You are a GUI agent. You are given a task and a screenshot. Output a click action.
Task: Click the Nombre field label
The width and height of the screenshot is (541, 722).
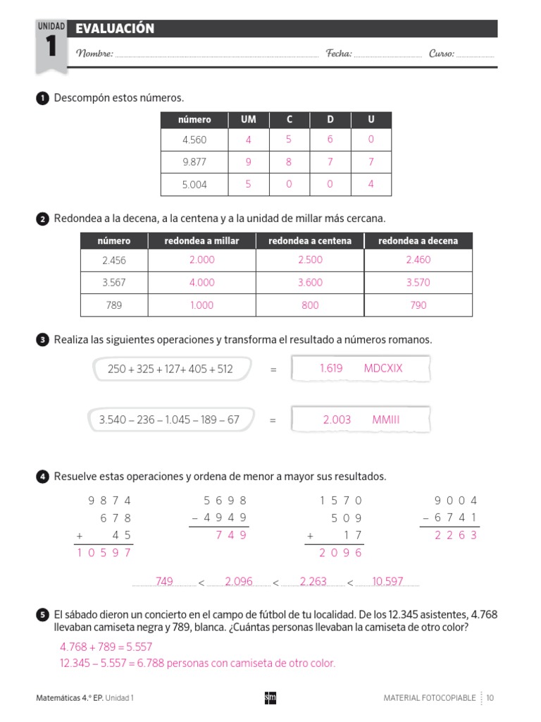[x=94, y=54]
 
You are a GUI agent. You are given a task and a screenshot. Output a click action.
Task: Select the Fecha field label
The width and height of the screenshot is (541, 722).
[x=339, y=54]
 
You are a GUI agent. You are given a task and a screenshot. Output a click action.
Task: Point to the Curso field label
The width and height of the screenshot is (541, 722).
[x=442, y=54]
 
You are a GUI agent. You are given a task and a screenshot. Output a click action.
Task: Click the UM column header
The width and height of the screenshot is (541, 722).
[x=248, y=120]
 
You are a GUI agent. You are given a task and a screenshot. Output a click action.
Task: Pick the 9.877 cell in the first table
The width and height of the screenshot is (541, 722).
[x=194, y=162]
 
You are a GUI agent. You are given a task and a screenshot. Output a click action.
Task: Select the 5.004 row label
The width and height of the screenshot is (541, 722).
[x=194, y=185]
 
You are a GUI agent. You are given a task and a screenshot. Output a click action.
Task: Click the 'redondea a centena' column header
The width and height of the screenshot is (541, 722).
[x=309, y=241]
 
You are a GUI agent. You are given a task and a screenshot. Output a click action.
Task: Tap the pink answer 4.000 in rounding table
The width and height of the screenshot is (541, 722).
[x=201, y=283]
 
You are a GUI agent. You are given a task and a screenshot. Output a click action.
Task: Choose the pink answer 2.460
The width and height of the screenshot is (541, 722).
[x=418, y=260]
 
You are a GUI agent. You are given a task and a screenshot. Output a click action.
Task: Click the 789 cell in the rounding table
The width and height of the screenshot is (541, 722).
[x=113, y=305]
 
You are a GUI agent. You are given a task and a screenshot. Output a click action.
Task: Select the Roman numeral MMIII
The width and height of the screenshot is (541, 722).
[x=385, y=420]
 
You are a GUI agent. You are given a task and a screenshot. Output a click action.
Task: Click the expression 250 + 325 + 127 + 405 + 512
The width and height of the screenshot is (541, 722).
[x=170, y=369]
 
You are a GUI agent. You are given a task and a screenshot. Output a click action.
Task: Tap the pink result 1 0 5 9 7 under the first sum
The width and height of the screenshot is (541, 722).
[x=104, y=553]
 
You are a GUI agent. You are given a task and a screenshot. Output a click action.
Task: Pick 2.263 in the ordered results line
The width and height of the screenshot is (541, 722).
[x=313, y=582]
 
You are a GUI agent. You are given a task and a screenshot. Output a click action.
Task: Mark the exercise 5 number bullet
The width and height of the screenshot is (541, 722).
[x=42, y=616]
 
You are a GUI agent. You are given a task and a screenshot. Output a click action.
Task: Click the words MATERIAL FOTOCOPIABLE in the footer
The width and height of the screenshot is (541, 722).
[x=429, y=698]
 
